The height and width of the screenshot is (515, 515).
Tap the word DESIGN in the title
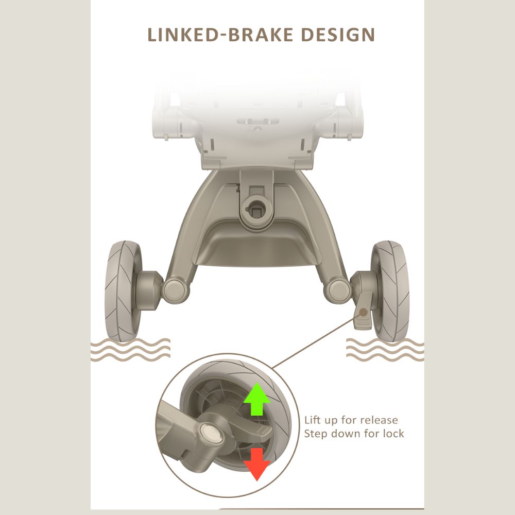338,35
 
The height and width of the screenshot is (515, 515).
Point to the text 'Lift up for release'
351,420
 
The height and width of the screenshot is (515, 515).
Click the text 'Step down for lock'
354,434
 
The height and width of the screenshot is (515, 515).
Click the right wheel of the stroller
391,290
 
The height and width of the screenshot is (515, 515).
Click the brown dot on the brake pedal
364,312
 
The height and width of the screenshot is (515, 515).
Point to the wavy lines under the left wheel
130,350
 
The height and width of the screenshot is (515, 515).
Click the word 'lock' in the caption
393,434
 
